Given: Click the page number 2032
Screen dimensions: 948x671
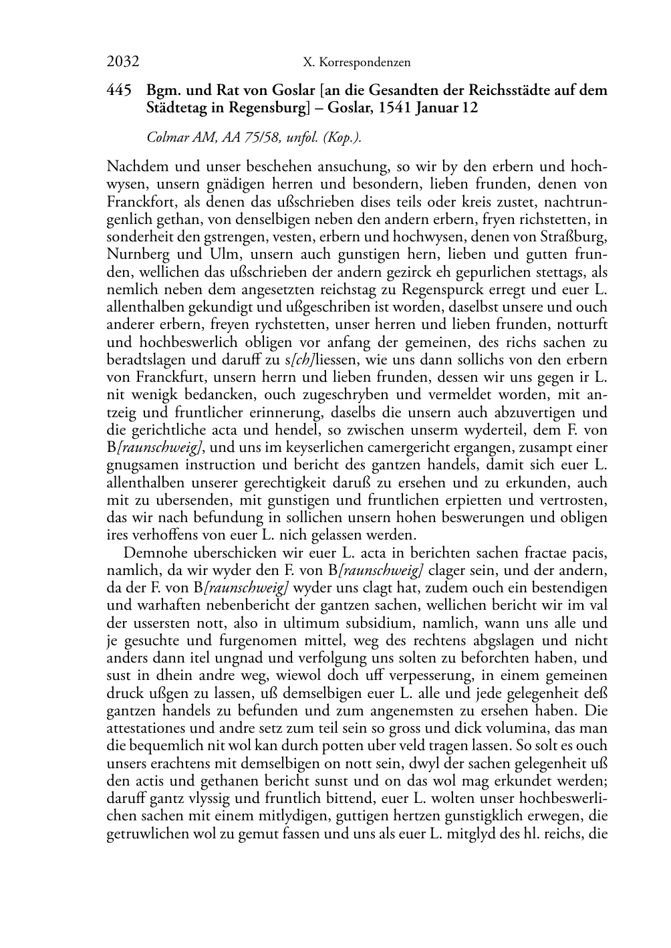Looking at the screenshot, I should [x=122, y=62].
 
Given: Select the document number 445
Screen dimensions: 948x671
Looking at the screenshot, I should [x=118, y=90].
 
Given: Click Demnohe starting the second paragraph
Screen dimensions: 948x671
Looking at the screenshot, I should [x=156, y=553].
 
